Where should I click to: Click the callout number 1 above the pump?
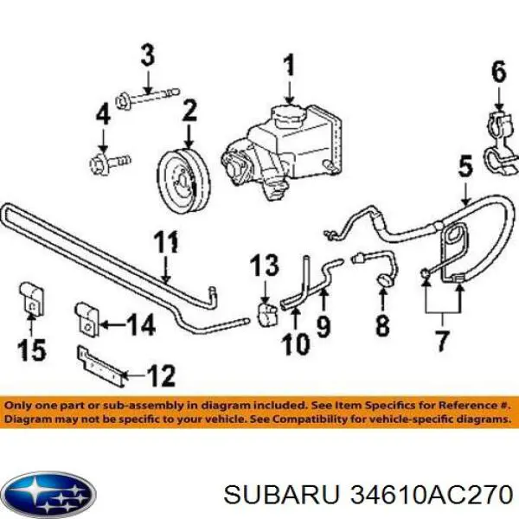coord(290,66)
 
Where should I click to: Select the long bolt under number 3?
coord(148,97)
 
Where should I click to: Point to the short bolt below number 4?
coord(110,163)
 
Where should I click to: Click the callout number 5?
coord(465,166)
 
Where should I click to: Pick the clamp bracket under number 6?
coord(501,143)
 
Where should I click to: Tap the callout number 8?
coord(383,325)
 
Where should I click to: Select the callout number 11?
coord(166,241)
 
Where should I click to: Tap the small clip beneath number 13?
coord(267,315)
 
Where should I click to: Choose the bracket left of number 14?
coord(87,318)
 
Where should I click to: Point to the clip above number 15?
coord(32,299)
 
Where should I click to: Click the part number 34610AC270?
coord(431,497)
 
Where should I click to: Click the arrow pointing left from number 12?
coord(134,375)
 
